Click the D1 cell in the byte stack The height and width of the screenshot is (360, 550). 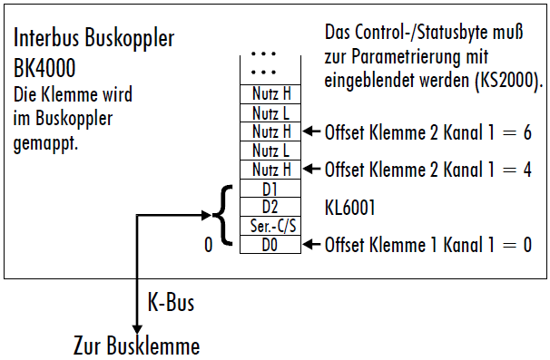click(269, 189)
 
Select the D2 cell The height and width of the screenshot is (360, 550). click(269, 207)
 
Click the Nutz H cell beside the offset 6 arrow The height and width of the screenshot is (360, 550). click(269, 131)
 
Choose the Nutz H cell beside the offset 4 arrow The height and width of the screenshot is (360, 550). click(269, 170)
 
